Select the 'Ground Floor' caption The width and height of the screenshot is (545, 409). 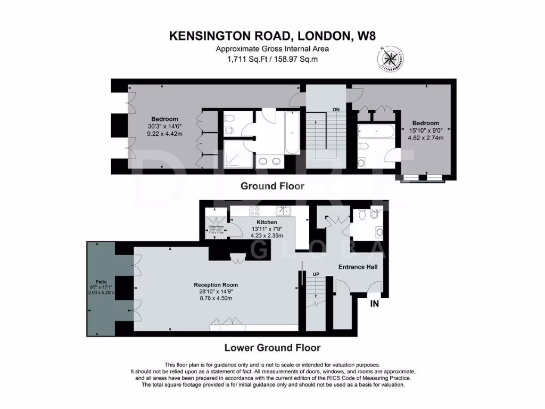coord(272,186)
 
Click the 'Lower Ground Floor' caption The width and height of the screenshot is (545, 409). coord(272,348)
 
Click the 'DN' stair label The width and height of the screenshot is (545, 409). coord(336,109)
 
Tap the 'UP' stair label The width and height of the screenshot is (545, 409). coord(316,274)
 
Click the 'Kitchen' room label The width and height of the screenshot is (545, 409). coord(267,222)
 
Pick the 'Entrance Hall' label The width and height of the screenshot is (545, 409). coord(358,267)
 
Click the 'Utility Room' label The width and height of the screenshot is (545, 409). coord(216,226)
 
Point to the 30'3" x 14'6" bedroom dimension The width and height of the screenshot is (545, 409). coord(164,127)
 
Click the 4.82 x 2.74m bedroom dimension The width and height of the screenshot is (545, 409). coord(425,137)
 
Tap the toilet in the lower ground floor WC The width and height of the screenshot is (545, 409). coord(362,214)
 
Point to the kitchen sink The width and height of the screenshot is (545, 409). coord(286,210)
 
